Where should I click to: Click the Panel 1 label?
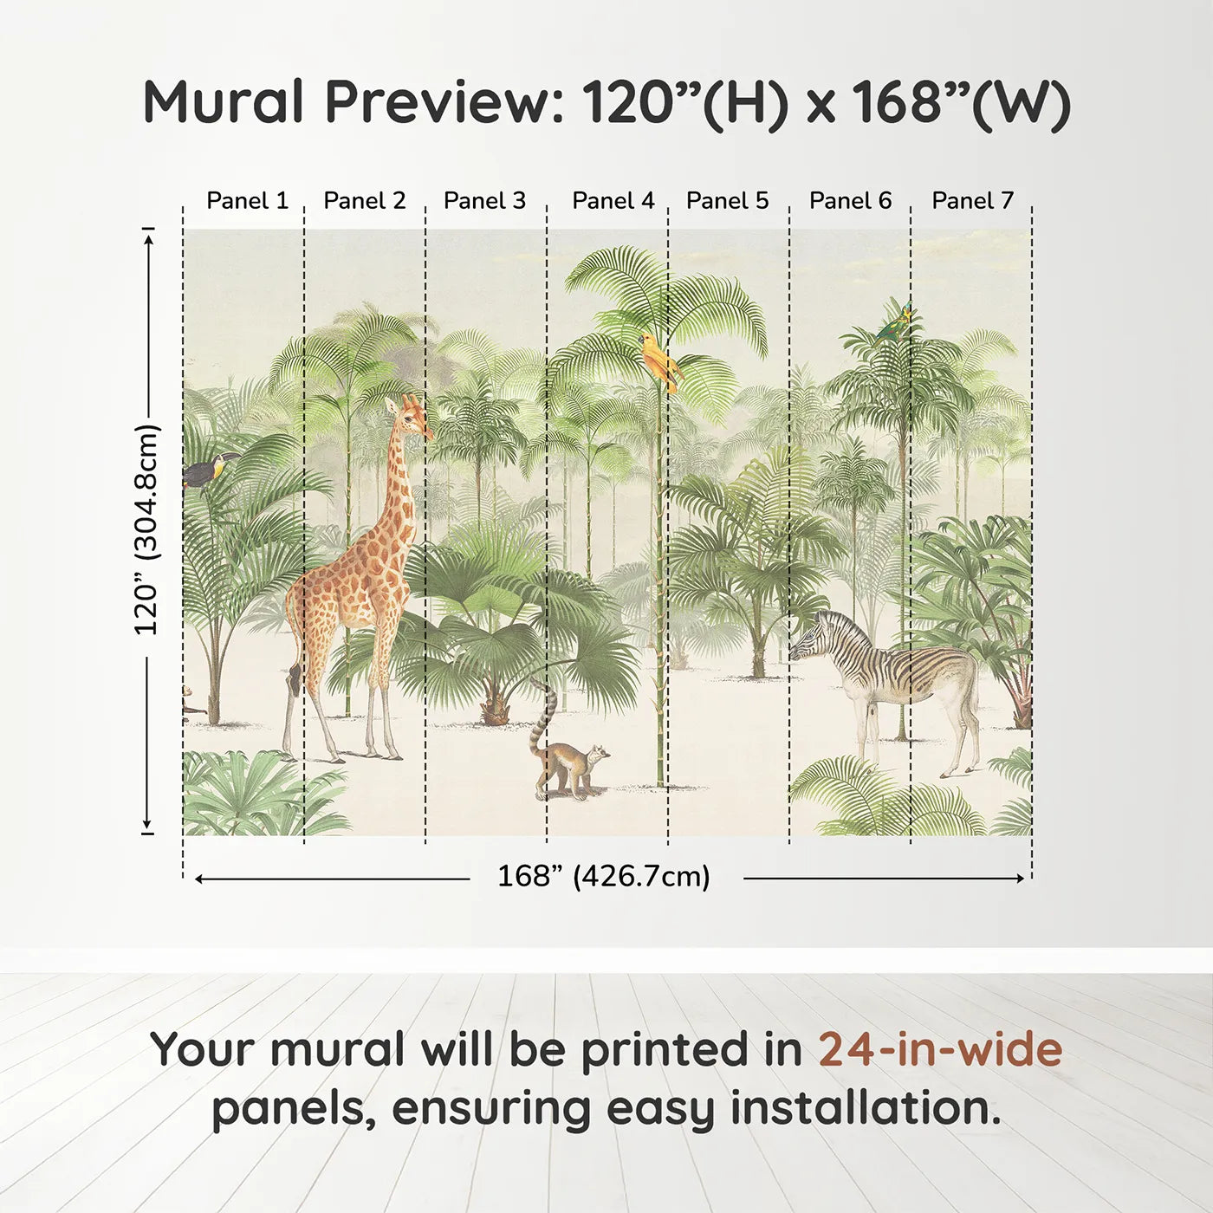tap(247, 201)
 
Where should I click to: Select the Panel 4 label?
tap(613, 201)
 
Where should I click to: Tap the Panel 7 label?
tap(972, 201)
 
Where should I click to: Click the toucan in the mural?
tap(208, 471)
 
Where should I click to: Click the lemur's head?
tap(596, 756)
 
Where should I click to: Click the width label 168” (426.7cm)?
tap(603, 877)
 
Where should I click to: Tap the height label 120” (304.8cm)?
tap(147, 529)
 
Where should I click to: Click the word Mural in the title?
tap(224, 102)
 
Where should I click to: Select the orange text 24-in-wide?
tap(940, 1049)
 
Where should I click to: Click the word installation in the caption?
tap(865, 1108)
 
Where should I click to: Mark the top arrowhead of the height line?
tap(149, 237)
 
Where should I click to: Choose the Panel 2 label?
tap(364, 201)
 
